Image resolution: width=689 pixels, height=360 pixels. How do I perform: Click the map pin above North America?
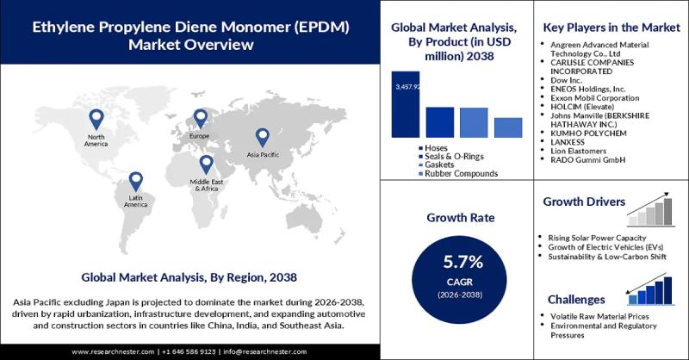pyautogui.click(x=96, y=120)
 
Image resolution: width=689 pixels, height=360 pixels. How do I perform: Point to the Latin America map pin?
pyautogui.click(x=135, y=182)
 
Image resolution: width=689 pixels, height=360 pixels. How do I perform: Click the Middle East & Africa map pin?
pyautogui.click(x=206, y=164)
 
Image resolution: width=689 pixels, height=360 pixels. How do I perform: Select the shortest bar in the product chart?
pyautogui.click(x=508, y=127)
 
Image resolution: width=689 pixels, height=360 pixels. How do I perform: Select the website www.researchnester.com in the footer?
pyautogui.click(x=113, y=351)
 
